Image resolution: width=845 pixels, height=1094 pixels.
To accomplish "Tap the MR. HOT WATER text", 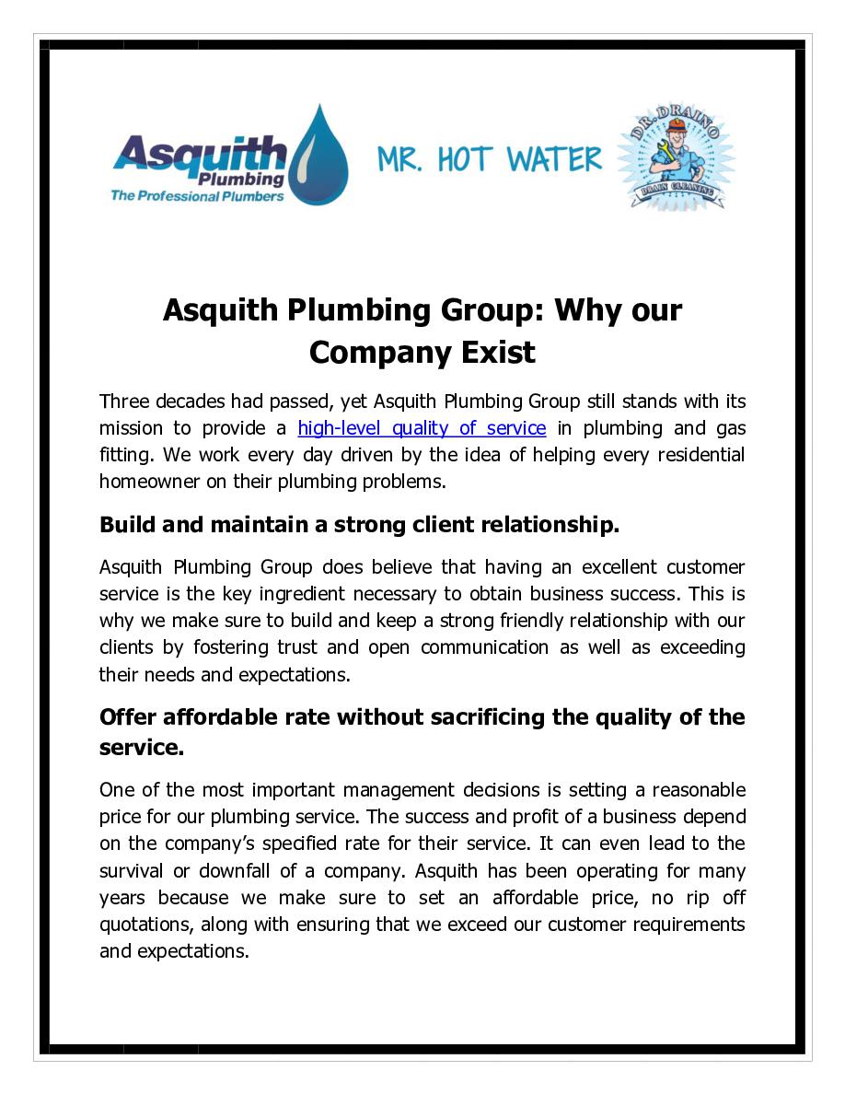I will [x=489, y=159].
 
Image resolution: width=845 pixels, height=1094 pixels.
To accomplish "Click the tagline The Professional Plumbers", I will [x=197, y=196].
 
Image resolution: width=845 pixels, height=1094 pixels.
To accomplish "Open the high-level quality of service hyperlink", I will [x=422, y=428].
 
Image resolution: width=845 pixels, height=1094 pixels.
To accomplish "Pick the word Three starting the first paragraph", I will [x=124, y=402].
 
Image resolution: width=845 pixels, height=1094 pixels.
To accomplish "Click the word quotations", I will [x=144, y=924].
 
